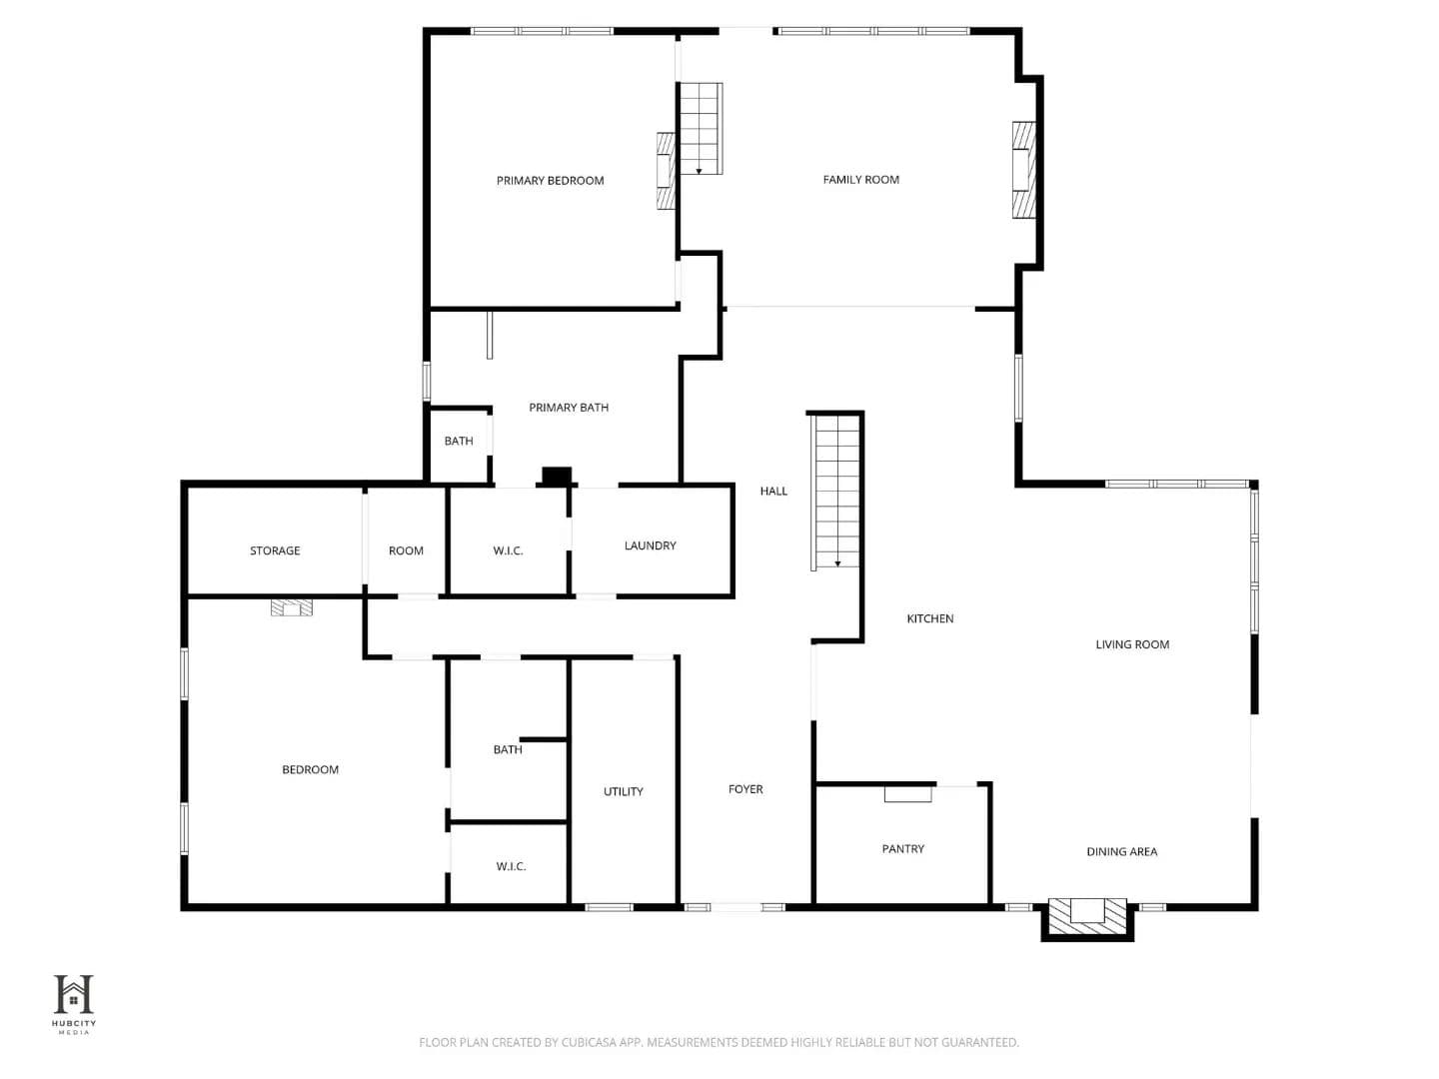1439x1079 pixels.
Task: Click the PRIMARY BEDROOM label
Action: coord(550,181)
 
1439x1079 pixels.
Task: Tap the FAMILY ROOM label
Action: coord(860,180)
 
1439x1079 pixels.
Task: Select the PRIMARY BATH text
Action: coord(569,408)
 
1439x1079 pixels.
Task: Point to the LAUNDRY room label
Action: coord(650,545)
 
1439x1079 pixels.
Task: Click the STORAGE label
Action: coord(275,550)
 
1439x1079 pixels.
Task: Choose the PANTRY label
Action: coord(902,849)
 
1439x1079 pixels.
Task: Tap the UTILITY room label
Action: coord(623,792)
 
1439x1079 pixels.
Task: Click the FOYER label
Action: coord(745,789)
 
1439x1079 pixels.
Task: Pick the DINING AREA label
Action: coord(1121,851)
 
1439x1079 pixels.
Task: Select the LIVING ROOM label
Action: coord(1132,644)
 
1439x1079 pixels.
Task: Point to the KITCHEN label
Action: coord(929,618)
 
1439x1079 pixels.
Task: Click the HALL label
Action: coord(773,492)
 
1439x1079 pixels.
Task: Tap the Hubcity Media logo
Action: coord(74,1004)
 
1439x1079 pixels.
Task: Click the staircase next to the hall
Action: coord(835,492)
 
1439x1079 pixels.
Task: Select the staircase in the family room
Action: coord(701,129)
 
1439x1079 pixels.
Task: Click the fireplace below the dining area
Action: coord(1087,916)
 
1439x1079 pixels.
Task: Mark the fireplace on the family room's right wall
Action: coord(1023,170)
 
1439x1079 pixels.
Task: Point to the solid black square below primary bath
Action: coord(557,477)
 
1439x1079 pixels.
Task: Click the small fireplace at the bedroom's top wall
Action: coord(292,607)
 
